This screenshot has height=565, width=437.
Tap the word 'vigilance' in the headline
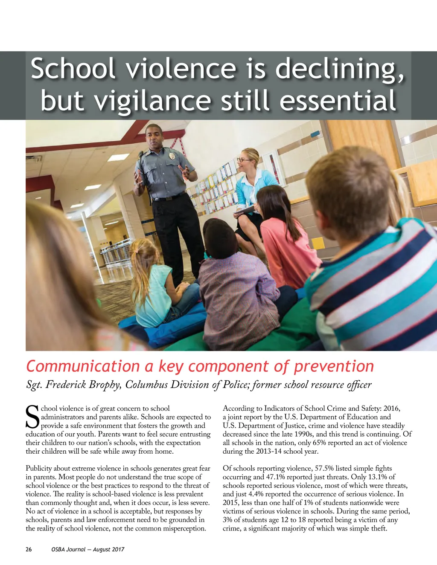pyautogui.click(x=152, y=101)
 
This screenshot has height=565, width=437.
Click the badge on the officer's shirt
pyautogui.click(x=172, y=156)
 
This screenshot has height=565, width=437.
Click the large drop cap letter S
pyautogui.click(x=32, y=417)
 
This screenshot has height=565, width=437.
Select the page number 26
pyautogui.click(x=29, y=549)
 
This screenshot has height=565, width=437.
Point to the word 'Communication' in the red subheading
pyautogui.click(x=83, y=366)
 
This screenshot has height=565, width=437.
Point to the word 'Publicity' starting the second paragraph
pyautogui.click(x=40, y=468)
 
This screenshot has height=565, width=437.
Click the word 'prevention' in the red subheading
pyautogui.click(x=334, y=366)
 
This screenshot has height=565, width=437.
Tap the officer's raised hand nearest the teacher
pyautogui.click(x=185, y=171)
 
